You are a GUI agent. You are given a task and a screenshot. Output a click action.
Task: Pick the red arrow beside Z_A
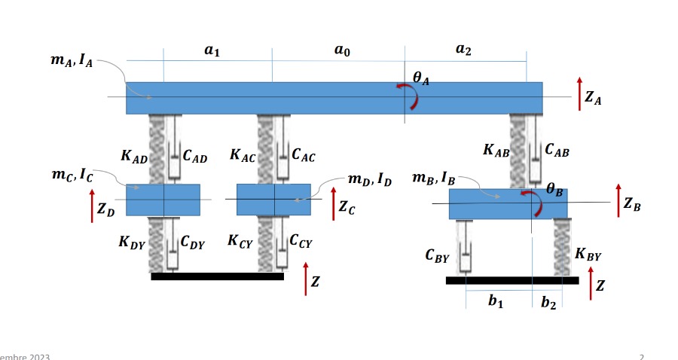click(579, 94)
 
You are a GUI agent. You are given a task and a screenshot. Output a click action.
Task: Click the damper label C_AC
click(303, 156)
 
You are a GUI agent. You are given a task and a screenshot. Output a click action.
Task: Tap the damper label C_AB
click(557, 150)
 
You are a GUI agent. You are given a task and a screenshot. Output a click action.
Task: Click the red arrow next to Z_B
click(618, 201)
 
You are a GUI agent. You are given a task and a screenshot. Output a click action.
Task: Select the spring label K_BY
click(588, 255)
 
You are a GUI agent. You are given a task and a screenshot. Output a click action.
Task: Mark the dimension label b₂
click(548, 303)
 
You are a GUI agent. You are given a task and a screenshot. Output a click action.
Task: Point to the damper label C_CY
click(301, 242)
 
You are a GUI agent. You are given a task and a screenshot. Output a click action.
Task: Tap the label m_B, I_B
click(433, 178)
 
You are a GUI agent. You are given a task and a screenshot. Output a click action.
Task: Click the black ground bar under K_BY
click(512, 281)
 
